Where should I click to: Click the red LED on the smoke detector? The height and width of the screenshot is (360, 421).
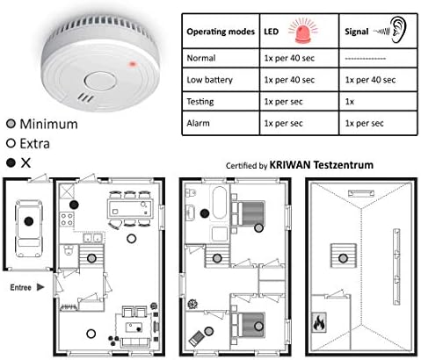(x=133, y=64)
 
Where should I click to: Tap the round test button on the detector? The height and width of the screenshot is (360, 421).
(x=100, y=81)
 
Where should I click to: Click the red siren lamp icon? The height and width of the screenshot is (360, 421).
(x=303, y=31)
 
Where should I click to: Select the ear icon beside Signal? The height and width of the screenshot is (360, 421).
(x=398, y=30)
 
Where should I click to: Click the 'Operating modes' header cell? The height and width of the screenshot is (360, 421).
(x=221, y=31)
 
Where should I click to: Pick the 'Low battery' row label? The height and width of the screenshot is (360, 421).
(x=210, y=80)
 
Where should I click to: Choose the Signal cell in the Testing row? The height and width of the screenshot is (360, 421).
(x=378, y=102)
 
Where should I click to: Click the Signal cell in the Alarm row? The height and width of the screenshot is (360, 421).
(x=378, y=123)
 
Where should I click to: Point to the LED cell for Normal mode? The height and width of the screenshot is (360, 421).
(x=299, y=58)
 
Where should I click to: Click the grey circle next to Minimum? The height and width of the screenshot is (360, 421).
(x=11, y=124)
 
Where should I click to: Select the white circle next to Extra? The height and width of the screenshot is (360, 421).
(x=11, y=143)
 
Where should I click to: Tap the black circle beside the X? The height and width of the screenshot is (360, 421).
(x=11, y=162)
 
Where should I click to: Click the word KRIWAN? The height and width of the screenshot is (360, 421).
(x=290, y=165)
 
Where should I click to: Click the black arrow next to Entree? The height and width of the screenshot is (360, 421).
(x=40, y=287)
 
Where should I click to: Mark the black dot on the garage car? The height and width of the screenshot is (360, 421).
(x=29, y=221)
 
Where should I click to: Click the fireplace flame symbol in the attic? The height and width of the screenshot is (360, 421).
(x=319, y=322)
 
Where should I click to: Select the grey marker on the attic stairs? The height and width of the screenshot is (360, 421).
(x=343, y=258)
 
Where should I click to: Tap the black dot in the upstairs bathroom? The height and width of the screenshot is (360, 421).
(x=205, y=213)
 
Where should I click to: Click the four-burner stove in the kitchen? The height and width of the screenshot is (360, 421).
(x=67, y=220)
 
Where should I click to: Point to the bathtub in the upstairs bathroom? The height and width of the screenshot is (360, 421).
(x=220, y=203)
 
